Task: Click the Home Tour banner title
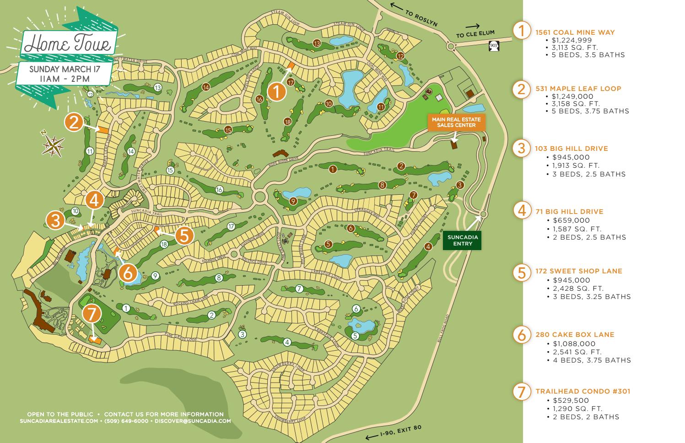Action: pyautogui.click(x=68, y=44)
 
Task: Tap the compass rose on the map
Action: pyautogui.click(x=53, y=145)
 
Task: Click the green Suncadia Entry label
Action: pyautogui.click(x=462, y=240)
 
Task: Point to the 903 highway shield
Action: pyautogui.click(x=494, y=46)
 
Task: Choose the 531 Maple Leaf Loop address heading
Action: pyautogui.click(x=578, y=88)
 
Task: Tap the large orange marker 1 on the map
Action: pyautogui.click(x=276, y=91)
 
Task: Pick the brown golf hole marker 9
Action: pyautogui.click(x=293, y=201)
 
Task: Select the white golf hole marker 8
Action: pyautogui.click(x=219, y=278)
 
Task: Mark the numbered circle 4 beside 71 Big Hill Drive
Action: pyautogui.click(x=522, y=211)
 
